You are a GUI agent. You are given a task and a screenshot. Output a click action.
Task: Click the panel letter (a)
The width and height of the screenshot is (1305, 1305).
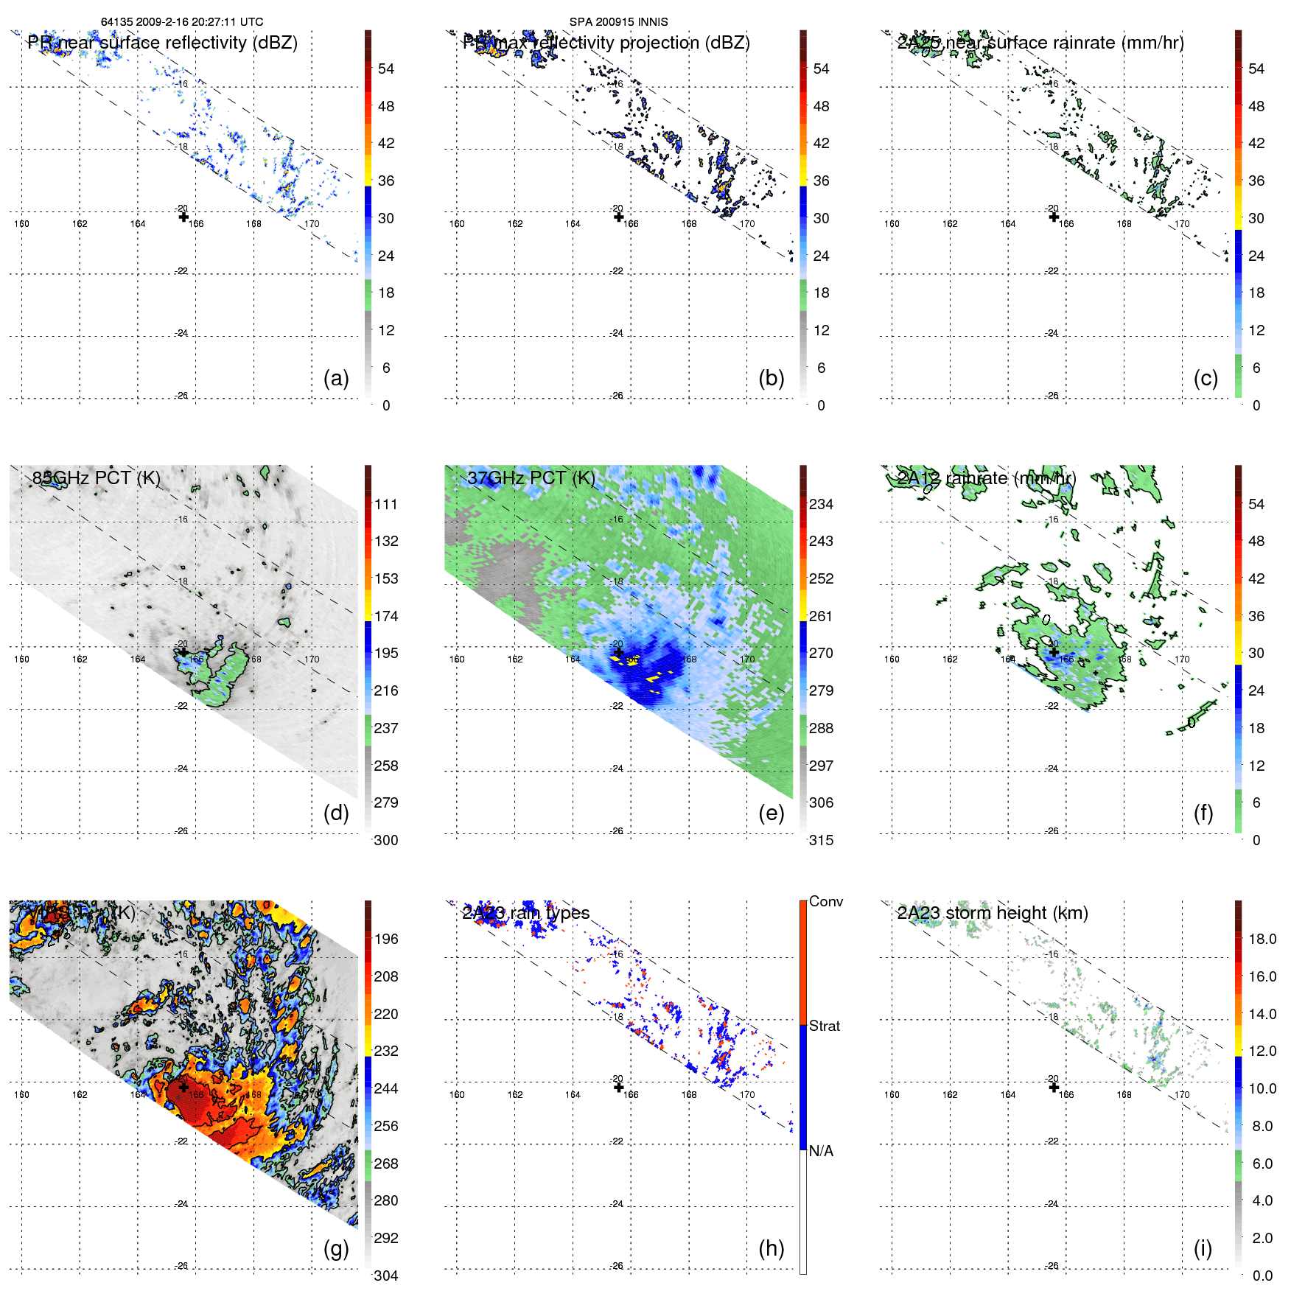[x=336, y=379]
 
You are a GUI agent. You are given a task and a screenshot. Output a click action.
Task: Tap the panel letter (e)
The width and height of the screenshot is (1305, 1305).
[x=771, y=814]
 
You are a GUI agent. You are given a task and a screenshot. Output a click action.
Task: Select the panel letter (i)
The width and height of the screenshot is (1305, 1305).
[x=1203, y=1248]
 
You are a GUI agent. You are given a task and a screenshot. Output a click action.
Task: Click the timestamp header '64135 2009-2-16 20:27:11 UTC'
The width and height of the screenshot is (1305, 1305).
[x=182, y=22]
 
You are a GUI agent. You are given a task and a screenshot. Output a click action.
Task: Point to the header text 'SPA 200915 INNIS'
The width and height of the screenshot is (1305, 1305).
[x=618, y=22]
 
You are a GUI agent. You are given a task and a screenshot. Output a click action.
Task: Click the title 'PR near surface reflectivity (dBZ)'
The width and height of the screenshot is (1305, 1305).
[x=163, y=43]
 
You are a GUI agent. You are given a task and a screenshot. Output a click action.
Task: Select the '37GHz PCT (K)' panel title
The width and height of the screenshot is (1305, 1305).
[x=531, y=478]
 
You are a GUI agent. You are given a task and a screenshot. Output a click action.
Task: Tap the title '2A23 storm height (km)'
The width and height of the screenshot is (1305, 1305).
[x=993, y=913]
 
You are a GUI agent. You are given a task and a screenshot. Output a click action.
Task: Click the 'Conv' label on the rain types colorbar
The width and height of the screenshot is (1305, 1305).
[x=825, y=901]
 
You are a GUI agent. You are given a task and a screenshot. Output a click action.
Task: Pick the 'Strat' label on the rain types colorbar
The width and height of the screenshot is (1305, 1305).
[x=824, y=1026]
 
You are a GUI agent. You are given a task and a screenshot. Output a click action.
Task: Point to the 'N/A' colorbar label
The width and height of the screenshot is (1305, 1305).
[x=821, y=1151]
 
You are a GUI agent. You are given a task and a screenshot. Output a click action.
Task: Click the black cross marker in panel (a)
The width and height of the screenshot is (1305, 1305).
[x=183, y=217]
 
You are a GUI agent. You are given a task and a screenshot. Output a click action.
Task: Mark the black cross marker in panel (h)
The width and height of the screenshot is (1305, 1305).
[x=619, y=1088]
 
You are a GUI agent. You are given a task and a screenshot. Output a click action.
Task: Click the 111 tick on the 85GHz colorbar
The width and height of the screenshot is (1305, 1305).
[x=386, y=504]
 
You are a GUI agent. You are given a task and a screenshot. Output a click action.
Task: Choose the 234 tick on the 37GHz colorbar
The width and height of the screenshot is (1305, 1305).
[x=821, y=504]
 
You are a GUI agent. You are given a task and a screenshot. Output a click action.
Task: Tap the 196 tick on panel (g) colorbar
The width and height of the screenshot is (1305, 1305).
[x=386, y=939]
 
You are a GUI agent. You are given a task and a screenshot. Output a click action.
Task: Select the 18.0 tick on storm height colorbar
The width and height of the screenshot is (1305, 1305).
[x=1262, y=939]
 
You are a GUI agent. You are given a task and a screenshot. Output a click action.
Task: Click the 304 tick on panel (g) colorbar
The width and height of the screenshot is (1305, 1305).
[x=386, y=1276]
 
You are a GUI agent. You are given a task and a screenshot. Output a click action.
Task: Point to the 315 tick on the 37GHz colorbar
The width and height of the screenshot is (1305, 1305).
[x=821, y=840]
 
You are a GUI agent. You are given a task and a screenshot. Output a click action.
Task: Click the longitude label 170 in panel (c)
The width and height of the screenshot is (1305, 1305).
[x=1182, y=224]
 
